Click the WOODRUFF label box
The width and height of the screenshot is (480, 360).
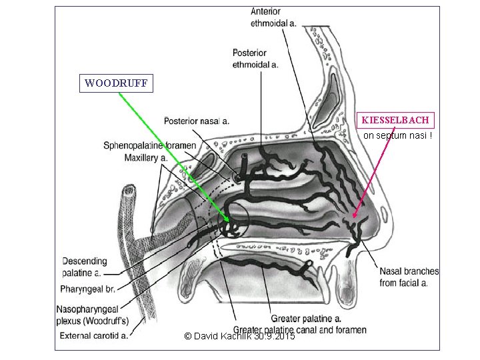click(116, 83)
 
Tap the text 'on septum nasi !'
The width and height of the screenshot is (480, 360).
click(397, 136)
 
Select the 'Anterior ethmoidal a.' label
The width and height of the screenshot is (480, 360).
click(273, 17)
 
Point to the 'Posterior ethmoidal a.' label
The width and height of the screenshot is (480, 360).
click(255, 59)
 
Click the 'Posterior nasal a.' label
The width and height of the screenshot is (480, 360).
click(197, 121)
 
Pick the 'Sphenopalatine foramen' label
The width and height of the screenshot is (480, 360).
click(149, 145)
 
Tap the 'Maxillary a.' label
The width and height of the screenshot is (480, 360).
click(145, 158)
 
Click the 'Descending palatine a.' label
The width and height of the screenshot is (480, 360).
click(84, 267)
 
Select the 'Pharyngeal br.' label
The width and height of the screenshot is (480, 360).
click(88, 289)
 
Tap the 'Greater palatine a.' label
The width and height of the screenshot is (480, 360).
click(306, 319)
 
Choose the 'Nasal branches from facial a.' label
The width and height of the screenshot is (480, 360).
click(409, 277)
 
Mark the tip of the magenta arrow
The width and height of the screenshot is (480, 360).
click(353, 218)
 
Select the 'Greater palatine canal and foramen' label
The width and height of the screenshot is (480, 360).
click(300, 329)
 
